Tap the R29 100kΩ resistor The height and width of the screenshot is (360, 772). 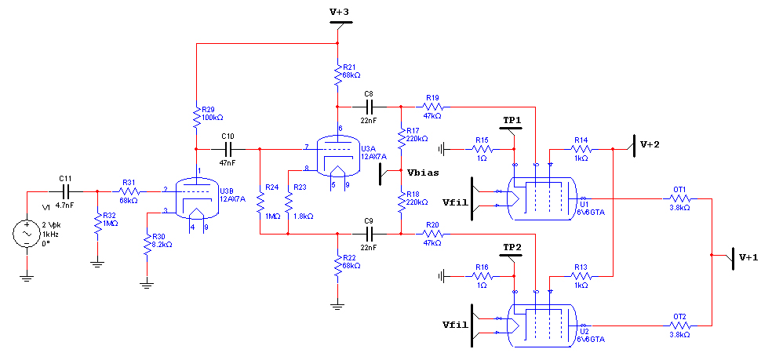pos(196,117)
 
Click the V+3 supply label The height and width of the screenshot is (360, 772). pos(339,12)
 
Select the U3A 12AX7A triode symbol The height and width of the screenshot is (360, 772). pos(337,157)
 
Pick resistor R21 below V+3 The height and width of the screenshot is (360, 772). pos(337,75)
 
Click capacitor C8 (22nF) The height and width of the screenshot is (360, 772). pos(370,107)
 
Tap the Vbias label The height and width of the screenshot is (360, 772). pos(421,173)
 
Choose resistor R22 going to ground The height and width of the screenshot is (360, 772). pos(337,266)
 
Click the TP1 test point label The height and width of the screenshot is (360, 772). pos(512,120)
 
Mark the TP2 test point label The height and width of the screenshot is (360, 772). pos(512,247)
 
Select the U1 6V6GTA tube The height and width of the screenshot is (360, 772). pos(541,191)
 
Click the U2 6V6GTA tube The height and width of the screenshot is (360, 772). pos(541,318)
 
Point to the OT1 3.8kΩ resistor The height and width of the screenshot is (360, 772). pos(680,199)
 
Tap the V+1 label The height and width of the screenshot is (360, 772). pos(748,256)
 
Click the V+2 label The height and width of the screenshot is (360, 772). pos(650,144)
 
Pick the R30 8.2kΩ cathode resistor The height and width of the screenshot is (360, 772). pos(147,245)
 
